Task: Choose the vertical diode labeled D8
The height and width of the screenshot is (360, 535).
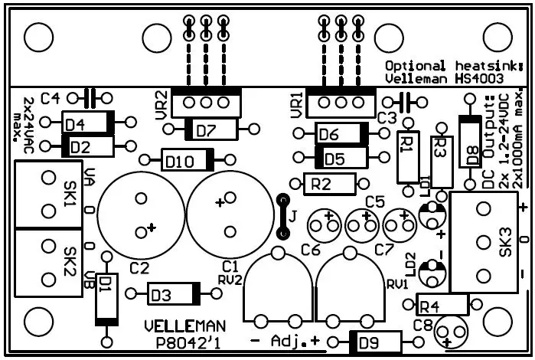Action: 465,141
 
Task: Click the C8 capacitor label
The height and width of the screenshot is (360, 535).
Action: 423,325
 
